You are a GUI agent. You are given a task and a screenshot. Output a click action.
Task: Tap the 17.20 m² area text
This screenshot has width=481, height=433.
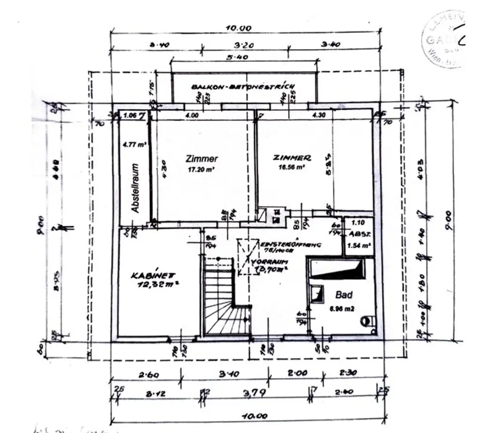[202, 171]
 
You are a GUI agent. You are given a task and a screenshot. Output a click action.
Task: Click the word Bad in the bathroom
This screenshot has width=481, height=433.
[343, 295]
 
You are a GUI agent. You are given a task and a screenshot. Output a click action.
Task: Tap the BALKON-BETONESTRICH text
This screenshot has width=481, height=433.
[243, 87]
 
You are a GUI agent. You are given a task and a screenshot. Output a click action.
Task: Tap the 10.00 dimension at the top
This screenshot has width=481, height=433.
[238, 28]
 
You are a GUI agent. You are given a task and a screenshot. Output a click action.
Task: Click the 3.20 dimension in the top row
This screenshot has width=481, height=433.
[243, 45]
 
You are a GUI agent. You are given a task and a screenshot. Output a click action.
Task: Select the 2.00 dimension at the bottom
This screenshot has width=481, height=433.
[297, 373]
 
